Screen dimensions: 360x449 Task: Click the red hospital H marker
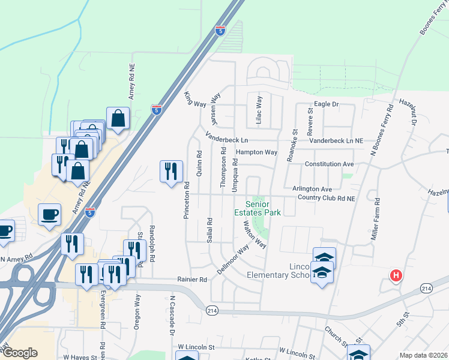[x=396, y=276]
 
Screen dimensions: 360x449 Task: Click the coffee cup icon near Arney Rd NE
[x=49, y=214]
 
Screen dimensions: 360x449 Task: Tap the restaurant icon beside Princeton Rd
[x=171, y=172]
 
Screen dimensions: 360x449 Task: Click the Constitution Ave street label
[x=329, y=164]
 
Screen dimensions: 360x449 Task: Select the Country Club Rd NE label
[x=327, y=197]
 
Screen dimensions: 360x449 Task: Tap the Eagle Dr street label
[x=327, y=104]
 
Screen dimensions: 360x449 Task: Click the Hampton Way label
[x=256, y=152]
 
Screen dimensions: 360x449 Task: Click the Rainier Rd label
[x=191, y=280]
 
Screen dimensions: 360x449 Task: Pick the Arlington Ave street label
[x=312, y=189]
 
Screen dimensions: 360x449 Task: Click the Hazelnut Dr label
[x=412, y=113]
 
